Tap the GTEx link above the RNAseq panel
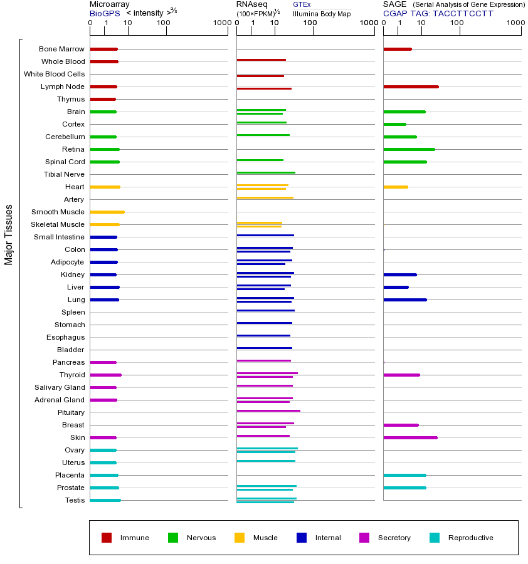coord(302,5)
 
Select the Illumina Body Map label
coord(322,13)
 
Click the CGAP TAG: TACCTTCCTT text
coord(438,13)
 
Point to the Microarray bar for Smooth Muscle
coord(107,212)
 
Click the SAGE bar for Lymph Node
coord(411,86)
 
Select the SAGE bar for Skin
coord(410,437)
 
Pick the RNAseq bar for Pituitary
coord(268,410)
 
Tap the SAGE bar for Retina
coord(409,149)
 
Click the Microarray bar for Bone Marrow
coord(103,49)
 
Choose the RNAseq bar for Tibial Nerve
coord(266,172)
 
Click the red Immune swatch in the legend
coord(107,538)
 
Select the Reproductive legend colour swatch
coord(435,538)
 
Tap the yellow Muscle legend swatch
coord(240,538)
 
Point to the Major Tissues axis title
coord(9,234)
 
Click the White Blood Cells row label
coord(54,74)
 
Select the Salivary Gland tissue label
coord(60,387)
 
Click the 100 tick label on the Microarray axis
coord(164,23)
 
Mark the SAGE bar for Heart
coord(395,187)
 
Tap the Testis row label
coord(75,500)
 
